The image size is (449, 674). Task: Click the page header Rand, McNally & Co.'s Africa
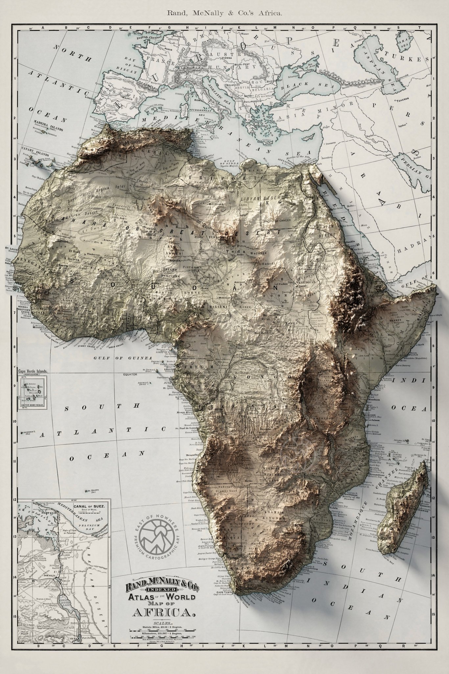[225, 13]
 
